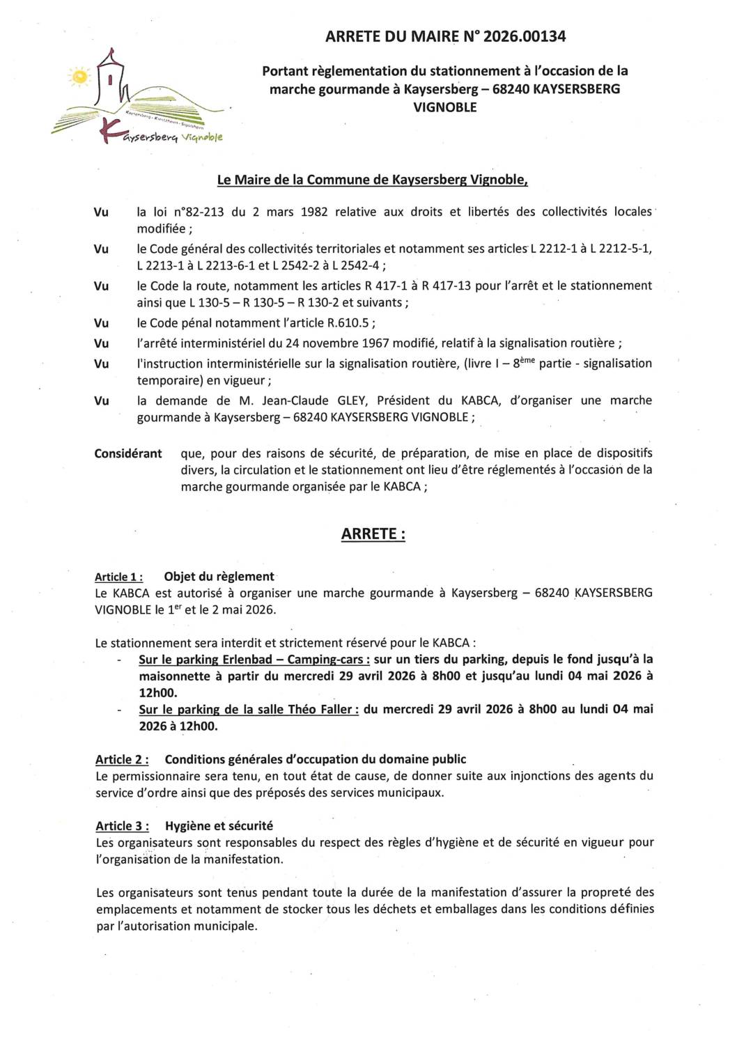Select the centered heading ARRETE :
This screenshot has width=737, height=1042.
point(373,534)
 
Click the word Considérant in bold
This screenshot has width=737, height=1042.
point(128,453)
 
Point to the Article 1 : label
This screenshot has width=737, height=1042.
point(119,577)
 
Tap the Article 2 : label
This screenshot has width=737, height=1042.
point(122,759)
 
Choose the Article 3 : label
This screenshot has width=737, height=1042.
point(122,826)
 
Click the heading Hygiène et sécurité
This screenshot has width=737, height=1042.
point(219,826)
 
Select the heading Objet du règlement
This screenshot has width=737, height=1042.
point(219,577)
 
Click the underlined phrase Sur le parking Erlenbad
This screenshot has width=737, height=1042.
point(209,659)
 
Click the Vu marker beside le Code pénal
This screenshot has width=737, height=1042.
point(102,322)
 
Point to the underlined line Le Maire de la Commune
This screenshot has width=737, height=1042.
point(372,180)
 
